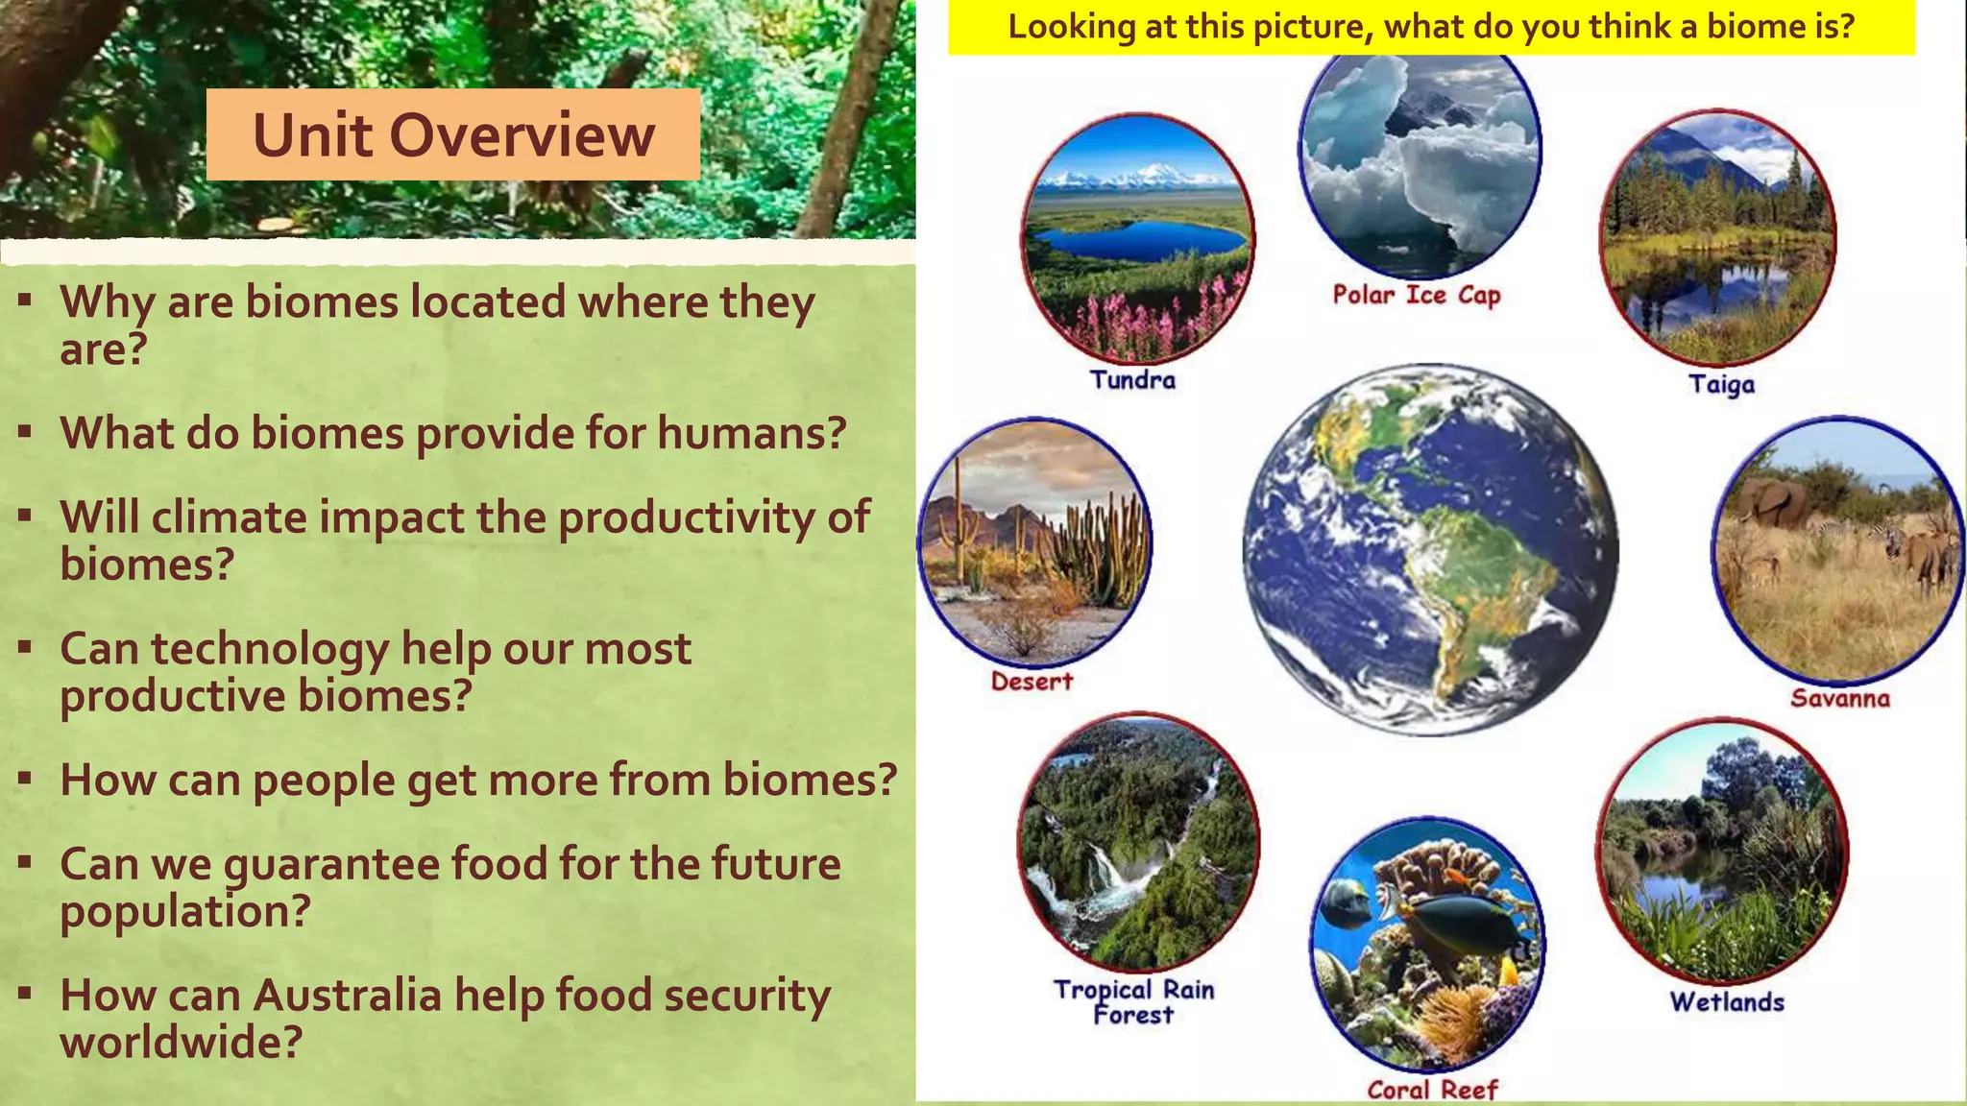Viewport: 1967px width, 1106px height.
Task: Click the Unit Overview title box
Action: (452, 134)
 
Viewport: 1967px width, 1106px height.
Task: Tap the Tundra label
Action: (1132, 380)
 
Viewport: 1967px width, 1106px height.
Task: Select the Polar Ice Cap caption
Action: (1416, 295)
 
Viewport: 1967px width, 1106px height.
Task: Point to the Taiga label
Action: (1721, 384)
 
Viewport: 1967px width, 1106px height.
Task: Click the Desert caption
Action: (1032, 682)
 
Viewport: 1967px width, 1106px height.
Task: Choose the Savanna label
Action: (1839, 698)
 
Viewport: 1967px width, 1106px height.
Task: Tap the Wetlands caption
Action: (1726, 1001)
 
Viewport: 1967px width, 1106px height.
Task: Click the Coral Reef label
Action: (1431, 1090)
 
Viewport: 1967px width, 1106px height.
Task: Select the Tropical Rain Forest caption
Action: (1133, 1001)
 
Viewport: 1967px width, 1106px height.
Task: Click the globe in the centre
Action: (1430, 549)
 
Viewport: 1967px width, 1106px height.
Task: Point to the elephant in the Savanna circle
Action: (1772, 503)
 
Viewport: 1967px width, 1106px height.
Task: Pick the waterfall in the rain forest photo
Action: (1105, 870)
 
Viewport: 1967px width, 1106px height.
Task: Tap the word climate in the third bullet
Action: (229, 517)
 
